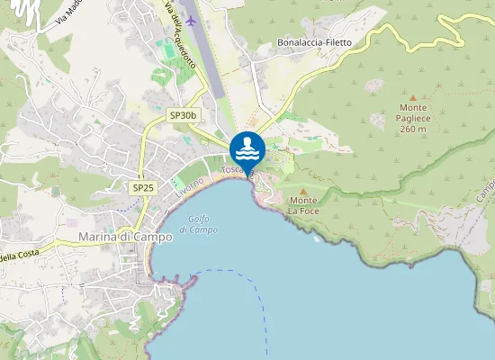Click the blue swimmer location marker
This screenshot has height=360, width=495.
tap(247, 148)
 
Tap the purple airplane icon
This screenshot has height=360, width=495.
tap(190, 21)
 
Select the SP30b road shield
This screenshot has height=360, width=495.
tap(183, 115)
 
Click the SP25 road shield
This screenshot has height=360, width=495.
tap(142, 187)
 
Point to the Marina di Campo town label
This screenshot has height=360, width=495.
tap(125, 237)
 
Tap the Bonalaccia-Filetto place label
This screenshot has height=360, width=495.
tap(314, 42)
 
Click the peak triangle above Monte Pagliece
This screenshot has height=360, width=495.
tap(413, 97)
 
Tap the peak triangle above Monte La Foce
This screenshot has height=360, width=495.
tap(303, 190)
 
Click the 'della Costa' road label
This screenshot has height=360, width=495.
tap(15, 256)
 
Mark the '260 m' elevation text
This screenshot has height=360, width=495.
tap(412, 129)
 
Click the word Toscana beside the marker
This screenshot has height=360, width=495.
tap(232, 170)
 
